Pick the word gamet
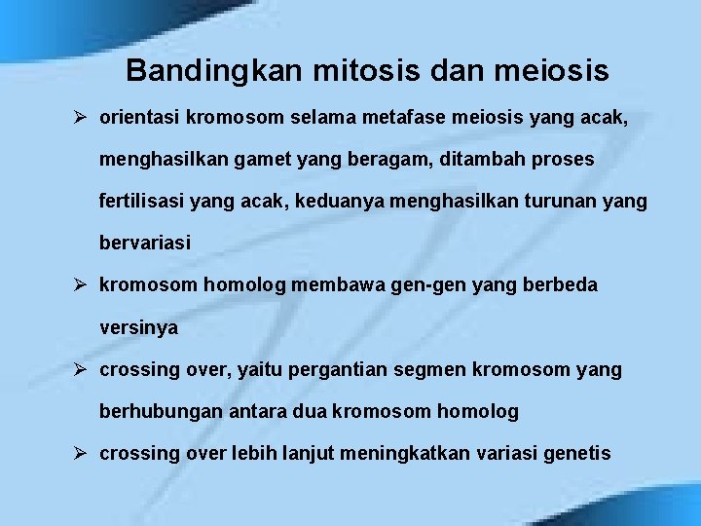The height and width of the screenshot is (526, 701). (x=262, y=160)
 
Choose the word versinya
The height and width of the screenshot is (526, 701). (x=138, y=328)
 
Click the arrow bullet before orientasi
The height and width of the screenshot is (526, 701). (x=82, y=119)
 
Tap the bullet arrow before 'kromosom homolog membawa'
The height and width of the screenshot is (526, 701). (x=82, y=285)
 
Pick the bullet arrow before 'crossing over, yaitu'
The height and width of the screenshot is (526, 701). (x=82, y=370)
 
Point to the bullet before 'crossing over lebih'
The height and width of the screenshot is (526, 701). (x=82, y=453)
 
